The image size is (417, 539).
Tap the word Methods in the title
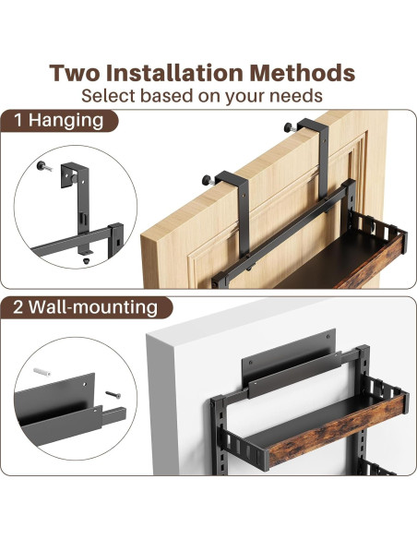[303, 73]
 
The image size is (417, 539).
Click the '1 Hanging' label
[59, 121]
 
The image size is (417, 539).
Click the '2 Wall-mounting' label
[86, 307]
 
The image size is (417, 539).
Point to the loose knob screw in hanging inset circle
[44, 166]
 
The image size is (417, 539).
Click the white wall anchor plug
[42, 372]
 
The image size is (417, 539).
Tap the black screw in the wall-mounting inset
[113, 395]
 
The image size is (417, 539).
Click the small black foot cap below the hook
[86, 260]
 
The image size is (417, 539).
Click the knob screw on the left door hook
[208, 180]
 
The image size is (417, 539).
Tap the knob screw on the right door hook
[291, 128]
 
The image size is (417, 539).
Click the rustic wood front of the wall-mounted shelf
[337, 430]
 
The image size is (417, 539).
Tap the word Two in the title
[76, 73]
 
